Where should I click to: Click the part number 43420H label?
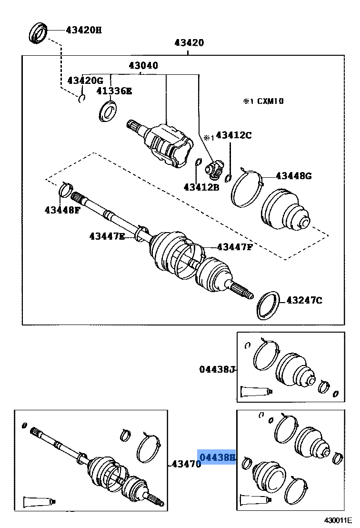tap(83, 30)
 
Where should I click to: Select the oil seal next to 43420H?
tap(38, 32)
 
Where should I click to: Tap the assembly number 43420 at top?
tap(189, 43)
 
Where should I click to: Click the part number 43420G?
tap(85, 81)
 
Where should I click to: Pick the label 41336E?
tap(114, 91)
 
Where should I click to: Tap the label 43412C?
tap(233, 135)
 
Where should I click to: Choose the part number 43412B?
tap(201, 187)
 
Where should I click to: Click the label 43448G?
tap(293, 176)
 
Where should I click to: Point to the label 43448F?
tap(62, 210)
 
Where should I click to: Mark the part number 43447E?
tap(107, 236)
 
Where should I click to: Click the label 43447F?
tap(235, 247)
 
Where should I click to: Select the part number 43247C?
tap(304, 300)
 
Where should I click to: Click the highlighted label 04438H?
tap(217, 458)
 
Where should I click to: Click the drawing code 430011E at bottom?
tap(339, 520)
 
